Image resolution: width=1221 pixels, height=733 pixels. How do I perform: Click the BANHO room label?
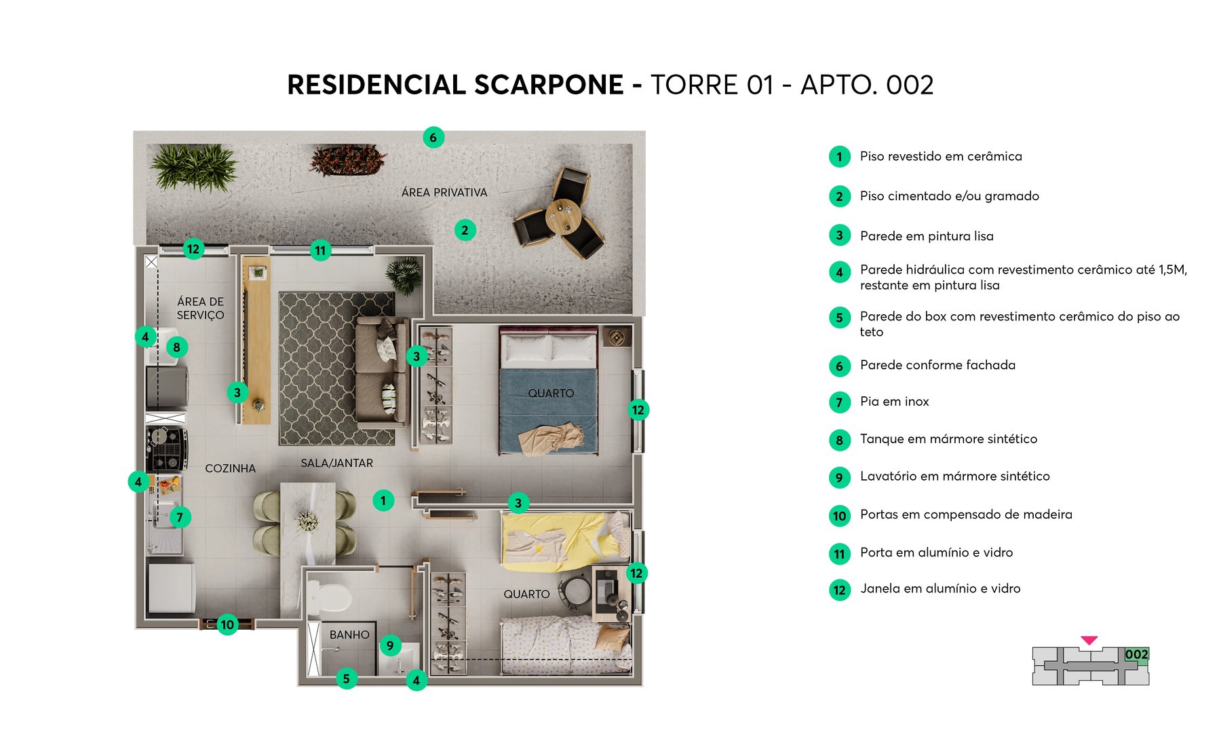point(349,635)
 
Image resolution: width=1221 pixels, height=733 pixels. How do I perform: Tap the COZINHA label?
point(230,468)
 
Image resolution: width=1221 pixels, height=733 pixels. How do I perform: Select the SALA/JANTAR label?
point(336,463)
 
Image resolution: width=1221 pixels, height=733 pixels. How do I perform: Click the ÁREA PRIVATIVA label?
point(444,193)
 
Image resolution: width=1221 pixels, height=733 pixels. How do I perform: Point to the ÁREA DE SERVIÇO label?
point(200,308)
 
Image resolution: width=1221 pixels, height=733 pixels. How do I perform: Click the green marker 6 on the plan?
point(433,138)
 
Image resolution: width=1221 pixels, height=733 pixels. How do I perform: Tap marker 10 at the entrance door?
point(227,624)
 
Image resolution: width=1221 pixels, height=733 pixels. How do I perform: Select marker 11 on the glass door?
point(320,250)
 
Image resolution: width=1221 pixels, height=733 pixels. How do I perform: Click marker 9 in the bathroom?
point(390,645)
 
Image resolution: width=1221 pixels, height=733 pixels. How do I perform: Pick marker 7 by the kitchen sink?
point(180,517)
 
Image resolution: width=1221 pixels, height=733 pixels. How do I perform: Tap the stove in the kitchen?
point(166,448)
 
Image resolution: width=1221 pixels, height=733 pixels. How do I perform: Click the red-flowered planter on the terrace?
point(347,160)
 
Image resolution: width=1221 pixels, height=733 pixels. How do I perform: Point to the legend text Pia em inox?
point(894,402)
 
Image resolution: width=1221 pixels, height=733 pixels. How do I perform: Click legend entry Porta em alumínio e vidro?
point(936,552)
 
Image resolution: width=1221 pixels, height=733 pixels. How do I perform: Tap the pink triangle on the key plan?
point(1089,640)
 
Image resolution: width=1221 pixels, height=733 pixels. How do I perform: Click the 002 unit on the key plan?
point(1136,655)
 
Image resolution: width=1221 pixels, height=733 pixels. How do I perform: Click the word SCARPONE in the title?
point(548,86)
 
